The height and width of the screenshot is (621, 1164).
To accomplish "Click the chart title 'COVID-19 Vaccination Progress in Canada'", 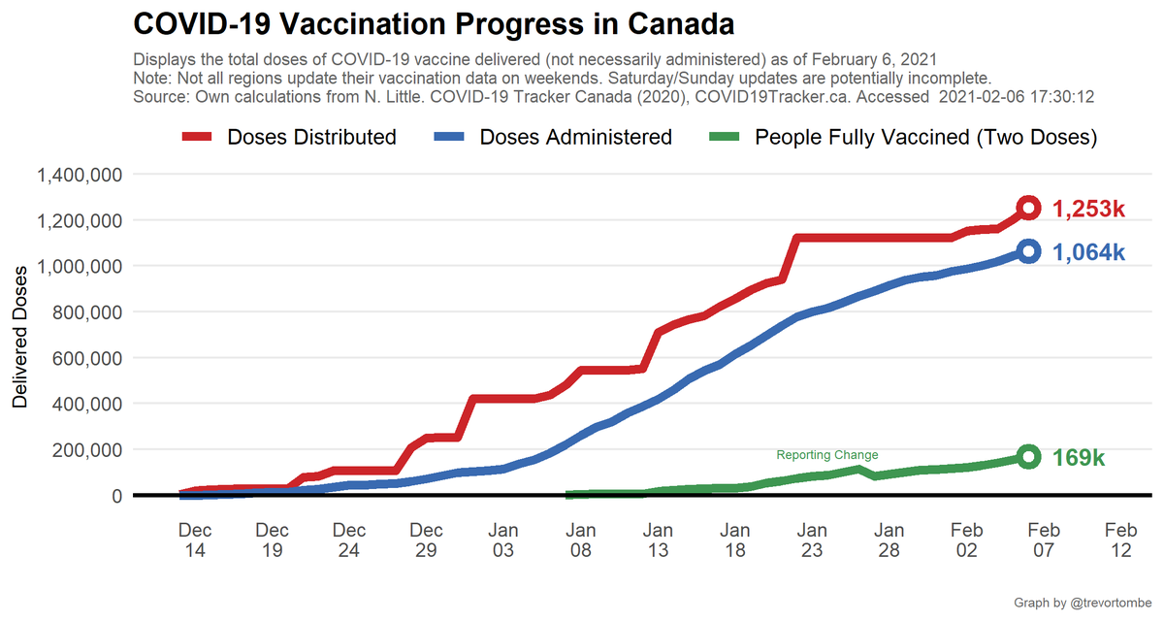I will click(x=433, y=23).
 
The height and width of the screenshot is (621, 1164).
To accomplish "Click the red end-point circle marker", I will click(x=1028, y=208).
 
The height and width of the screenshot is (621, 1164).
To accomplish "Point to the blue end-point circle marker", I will click(x=1028, y=251).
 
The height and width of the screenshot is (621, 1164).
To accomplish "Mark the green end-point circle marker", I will click(x=1028, y=457).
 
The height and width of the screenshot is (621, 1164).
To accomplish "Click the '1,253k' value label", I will click(x=1088, y=209).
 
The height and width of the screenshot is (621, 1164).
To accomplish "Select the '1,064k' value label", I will click(x=1088, y=252).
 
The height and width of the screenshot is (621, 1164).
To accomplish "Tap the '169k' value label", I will click(x=1079, y=458).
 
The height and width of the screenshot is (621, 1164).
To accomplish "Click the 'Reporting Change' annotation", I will click(x=827, y=455).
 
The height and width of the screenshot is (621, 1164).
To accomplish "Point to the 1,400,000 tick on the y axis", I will click(x=79, y=175).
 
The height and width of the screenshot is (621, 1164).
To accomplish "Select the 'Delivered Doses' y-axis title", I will click(x=20, y=335).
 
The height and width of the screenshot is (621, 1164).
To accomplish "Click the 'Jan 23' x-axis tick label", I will click(x=812, y=540).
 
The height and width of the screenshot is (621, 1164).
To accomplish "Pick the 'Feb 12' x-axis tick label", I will click(x=1120, y=540).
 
